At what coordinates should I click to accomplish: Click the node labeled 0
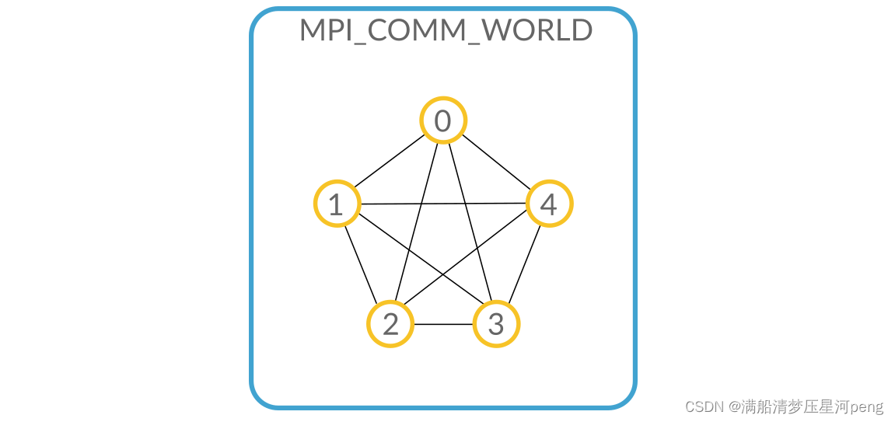click(x=442, y=121)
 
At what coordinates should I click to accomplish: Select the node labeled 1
click(x=337, y=204)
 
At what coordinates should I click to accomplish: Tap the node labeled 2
click(x=390, y=324)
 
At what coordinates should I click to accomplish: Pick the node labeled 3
click(x=496, y=324)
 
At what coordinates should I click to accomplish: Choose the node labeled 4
click(x=549, y=204)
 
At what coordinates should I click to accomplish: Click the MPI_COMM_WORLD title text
click(x=446, y=30)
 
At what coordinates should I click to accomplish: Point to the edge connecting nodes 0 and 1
click(x=389, y=163)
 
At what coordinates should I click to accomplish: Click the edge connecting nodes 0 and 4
click(x=496, y=163)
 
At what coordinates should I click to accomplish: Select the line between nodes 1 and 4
click(x=443, y=204)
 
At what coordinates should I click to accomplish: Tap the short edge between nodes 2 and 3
click(x=443, y=324)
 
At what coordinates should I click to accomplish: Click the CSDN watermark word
click(x=701, y=406)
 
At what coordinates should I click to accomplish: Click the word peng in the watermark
click(x=866, y=407)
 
